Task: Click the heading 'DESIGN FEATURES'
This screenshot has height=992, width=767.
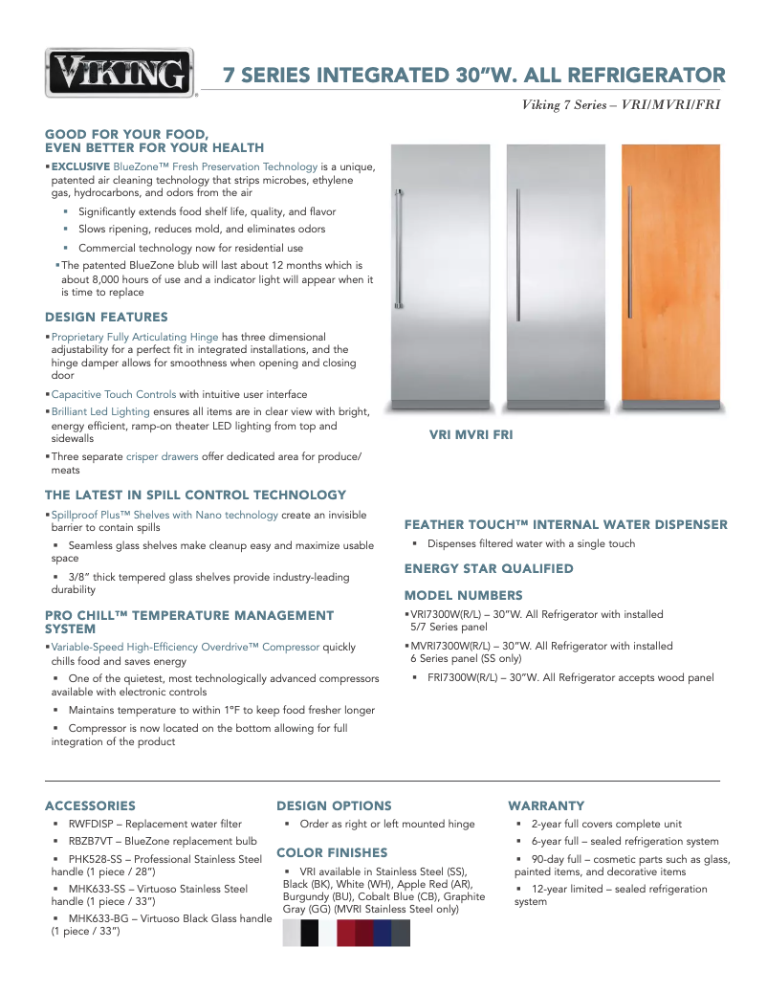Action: [106, 317]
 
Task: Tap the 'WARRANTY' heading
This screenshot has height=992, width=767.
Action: [546, 805]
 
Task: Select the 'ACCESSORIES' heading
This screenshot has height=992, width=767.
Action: [90, 805]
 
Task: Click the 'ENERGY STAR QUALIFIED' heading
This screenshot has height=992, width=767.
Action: [489, 568]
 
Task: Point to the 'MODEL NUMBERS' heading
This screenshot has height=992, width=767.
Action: [463, 595]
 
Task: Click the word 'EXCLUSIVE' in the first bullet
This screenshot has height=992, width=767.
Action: [80, 166]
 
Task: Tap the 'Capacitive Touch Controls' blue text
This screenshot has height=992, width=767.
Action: [113, 394]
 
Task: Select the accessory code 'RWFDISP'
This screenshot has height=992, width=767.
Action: [95, 824]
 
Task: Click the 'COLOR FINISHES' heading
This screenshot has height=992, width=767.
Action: [332, 852]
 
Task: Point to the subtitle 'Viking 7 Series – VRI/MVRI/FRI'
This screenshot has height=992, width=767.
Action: [621, 104]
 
